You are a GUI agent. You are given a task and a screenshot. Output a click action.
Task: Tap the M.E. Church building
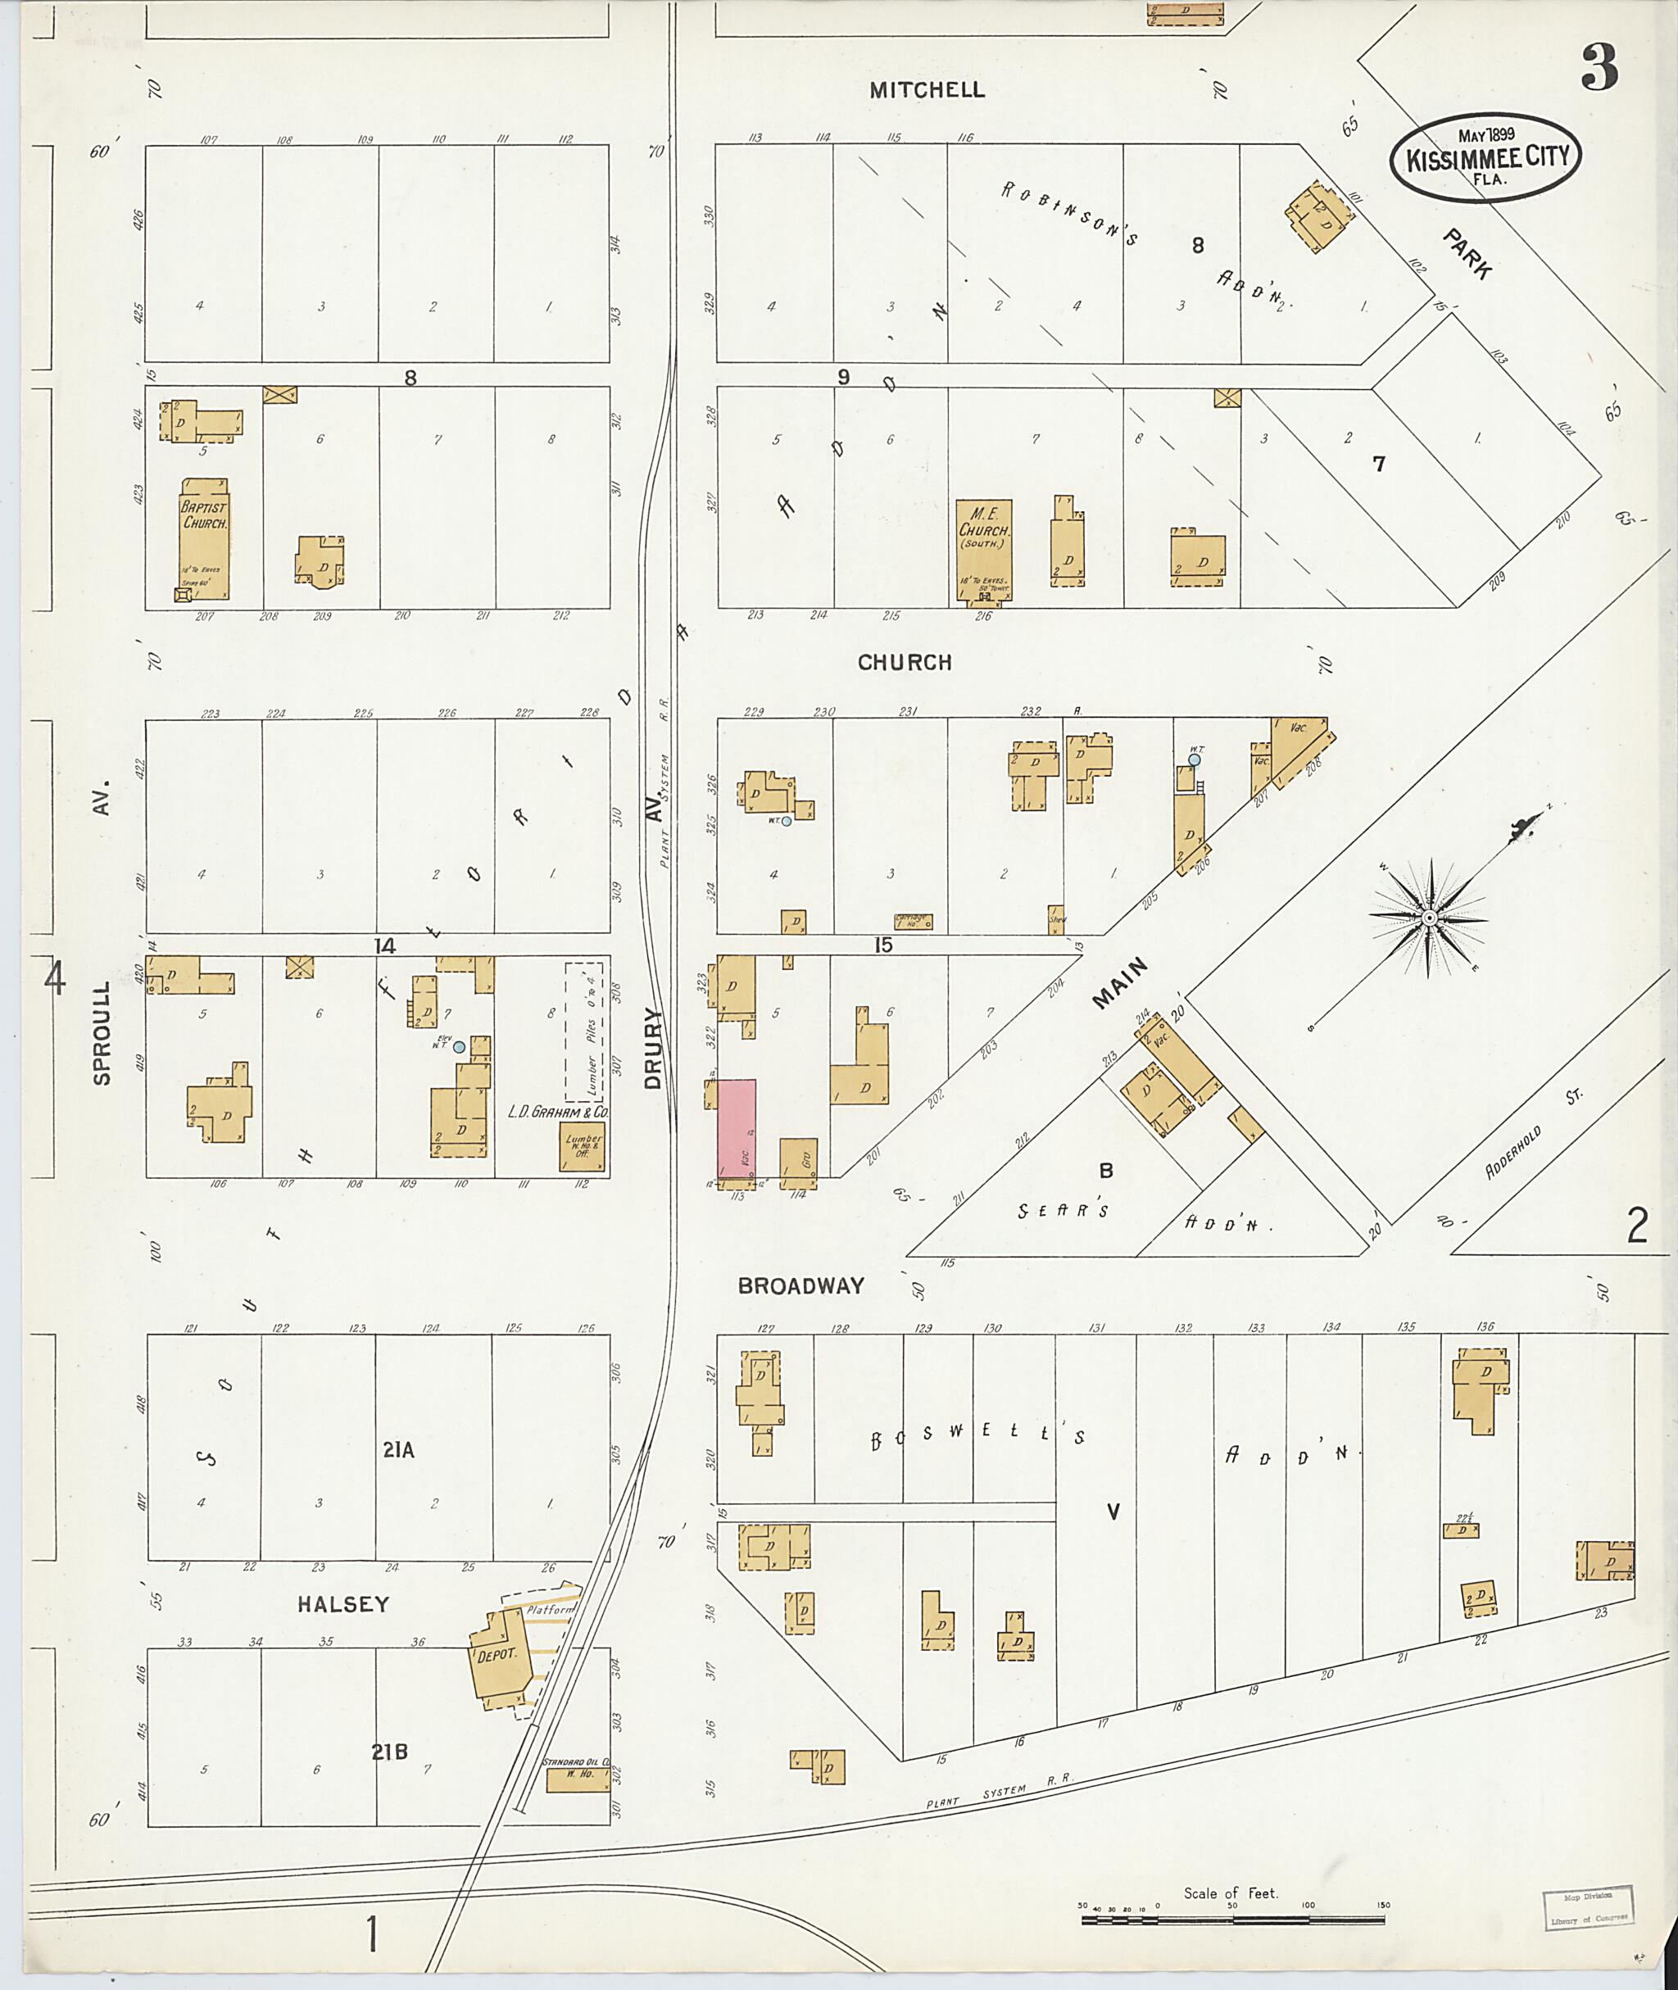pyautogui.click(x=983, y=550)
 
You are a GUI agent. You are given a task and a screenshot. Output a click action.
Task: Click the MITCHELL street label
pyautogui.click(x=927, y=90)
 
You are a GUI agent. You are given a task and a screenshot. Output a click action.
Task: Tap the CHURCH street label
pyautogui.click(x=904, y=663)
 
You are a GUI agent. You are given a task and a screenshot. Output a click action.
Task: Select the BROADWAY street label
pyautogui.click(x=801, y=1286)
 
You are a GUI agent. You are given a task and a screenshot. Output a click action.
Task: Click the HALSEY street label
pyautogui.click(x=342, y=1605)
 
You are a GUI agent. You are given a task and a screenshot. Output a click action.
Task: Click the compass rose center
pyautogui.click(x=1429, y=917)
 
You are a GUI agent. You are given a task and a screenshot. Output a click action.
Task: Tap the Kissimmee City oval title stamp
pyautogui.click(x=1485, y=158)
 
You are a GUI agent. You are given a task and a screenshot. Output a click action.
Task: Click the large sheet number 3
pyautogui.click(x=1600, y=67)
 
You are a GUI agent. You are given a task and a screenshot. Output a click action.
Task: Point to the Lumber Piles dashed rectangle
pyautogui.click(x=583, y=1031)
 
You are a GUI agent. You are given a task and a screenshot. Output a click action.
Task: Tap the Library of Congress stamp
pyautogui.click(x=1589, y=1908)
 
